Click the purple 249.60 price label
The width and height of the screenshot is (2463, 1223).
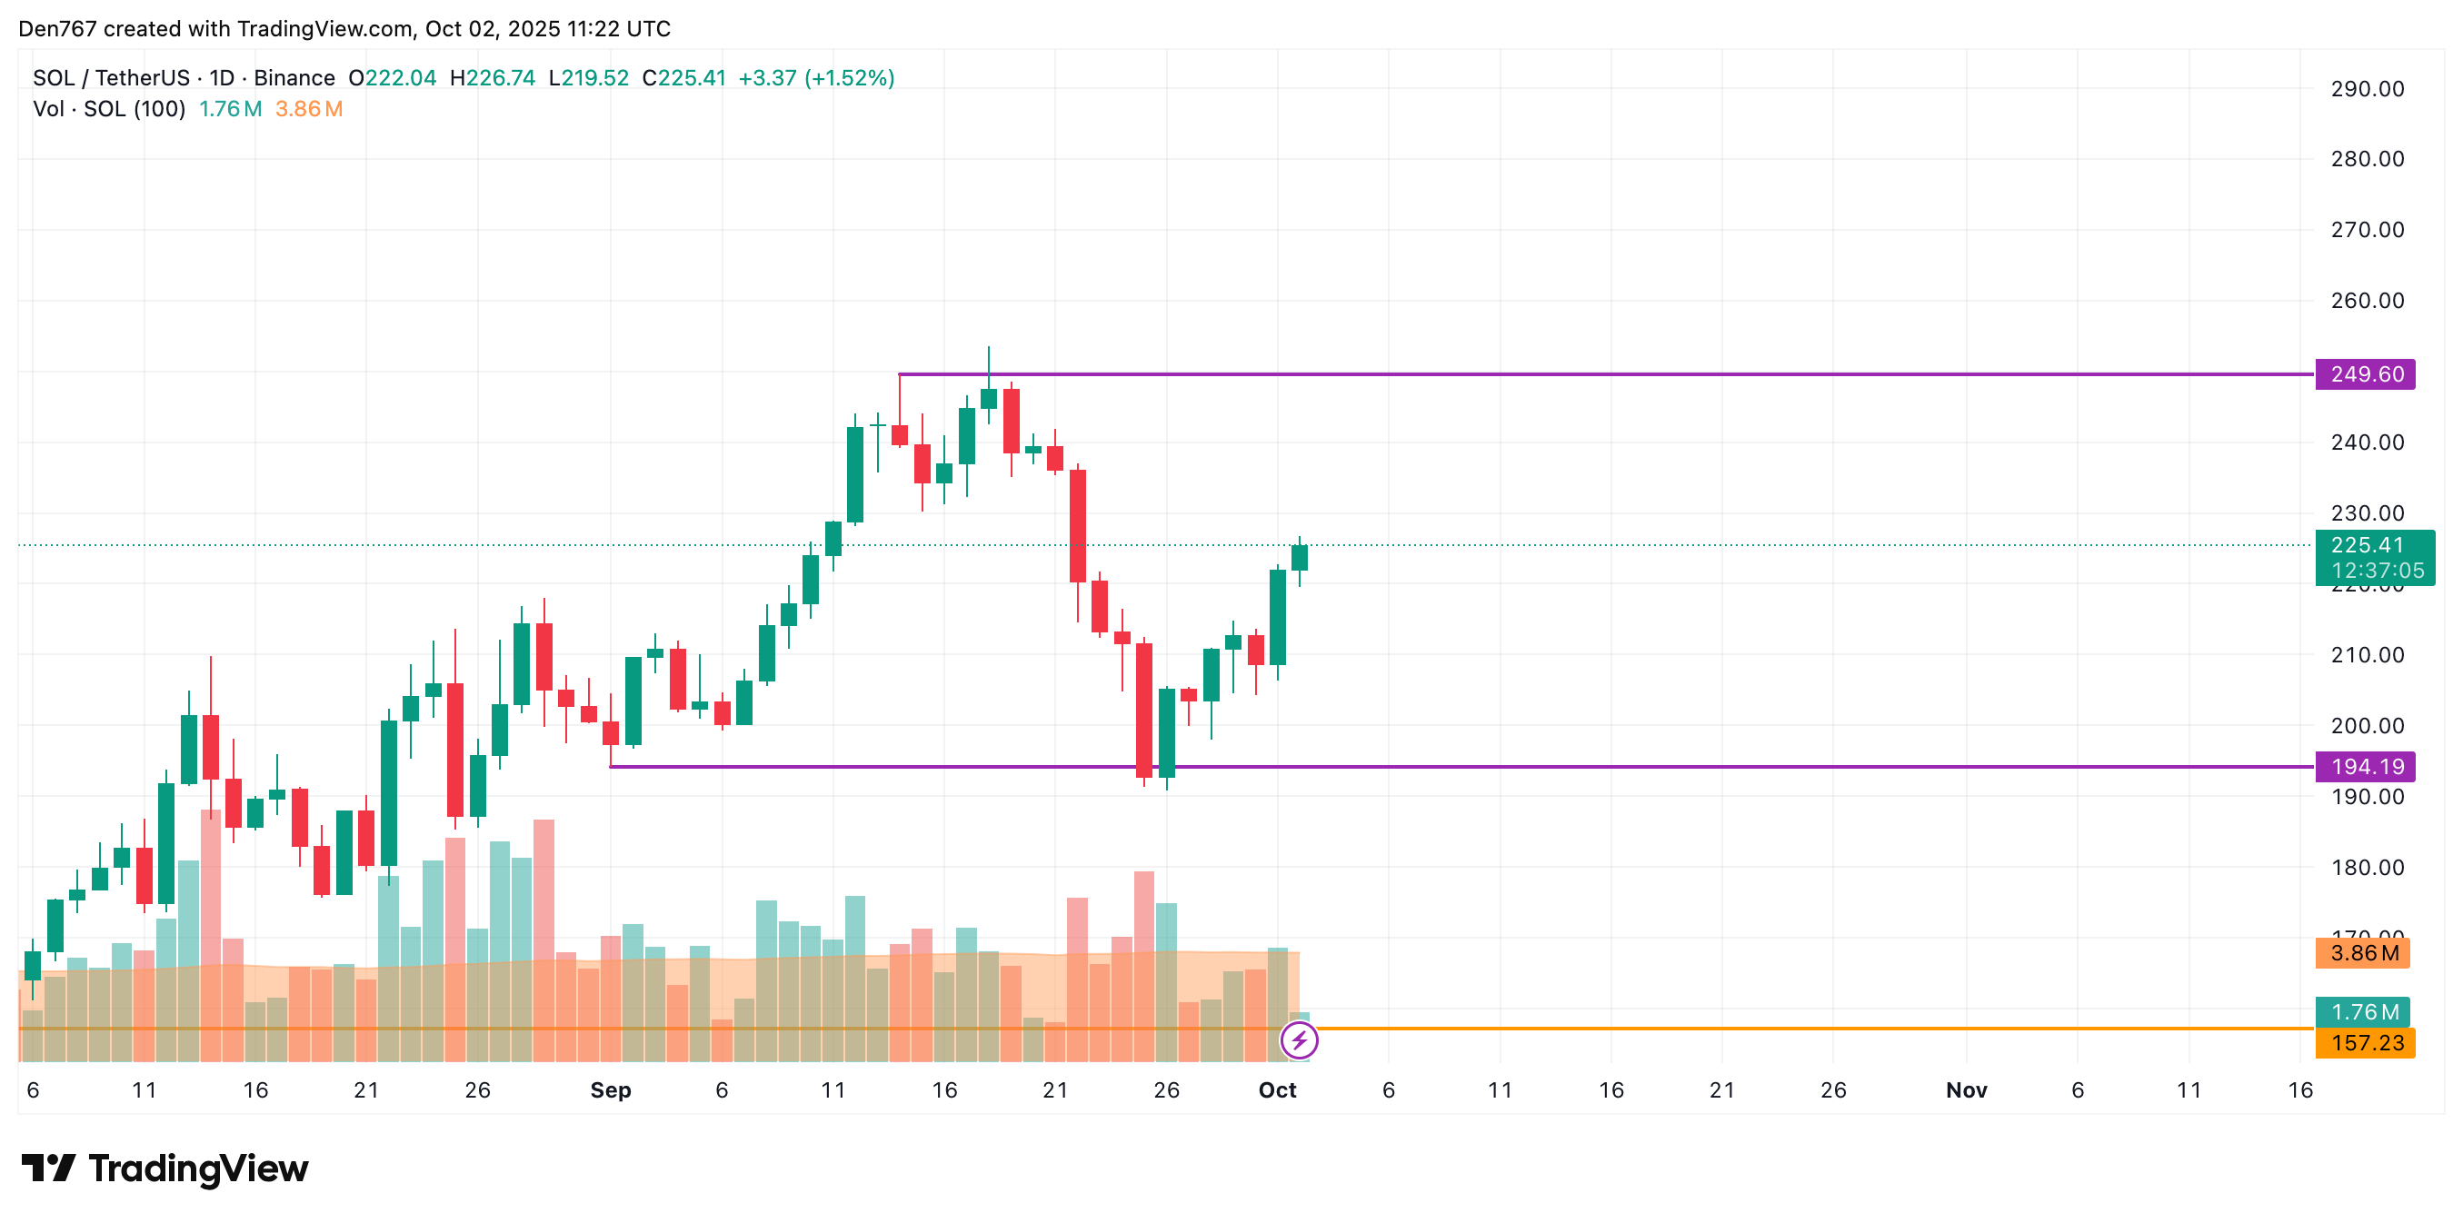pos(2365,373)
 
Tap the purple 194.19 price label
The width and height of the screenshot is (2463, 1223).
pos(2365,766)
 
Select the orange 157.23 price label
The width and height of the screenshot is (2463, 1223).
pos(2365,1042)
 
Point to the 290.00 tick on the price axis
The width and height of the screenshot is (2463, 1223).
pos(2367,89)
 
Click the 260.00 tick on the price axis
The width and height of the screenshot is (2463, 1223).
pos(2367,300)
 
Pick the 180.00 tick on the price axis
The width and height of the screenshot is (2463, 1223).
pos(2367,868)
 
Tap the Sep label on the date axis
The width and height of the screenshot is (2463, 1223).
pos(610,1090)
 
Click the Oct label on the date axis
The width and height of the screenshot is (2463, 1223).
pos(1276,1090)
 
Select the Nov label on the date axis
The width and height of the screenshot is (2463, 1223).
pos(1966,1090)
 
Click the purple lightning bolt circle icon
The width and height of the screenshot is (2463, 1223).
pos(1299,1040)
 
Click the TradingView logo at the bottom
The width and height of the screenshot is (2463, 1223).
pos(165,1168)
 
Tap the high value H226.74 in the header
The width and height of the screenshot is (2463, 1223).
pos(493,78)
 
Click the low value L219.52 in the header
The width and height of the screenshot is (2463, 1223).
pos(589,78)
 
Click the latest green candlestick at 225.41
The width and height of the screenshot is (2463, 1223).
pos(1299,558)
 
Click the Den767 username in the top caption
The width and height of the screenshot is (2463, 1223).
pos(57,29)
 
